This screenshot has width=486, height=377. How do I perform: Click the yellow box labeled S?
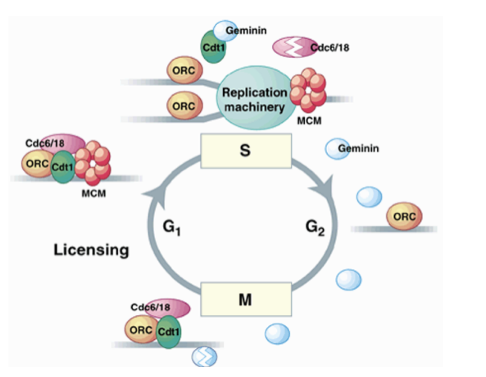click(x=246, y=151)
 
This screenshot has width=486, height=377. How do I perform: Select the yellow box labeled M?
click(x=246, y=300)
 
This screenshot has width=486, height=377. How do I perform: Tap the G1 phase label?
click(x=173, y=230)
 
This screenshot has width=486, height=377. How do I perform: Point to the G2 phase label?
click(x=315, y=230)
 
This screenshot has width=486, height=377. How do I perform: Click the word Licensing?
click(x=91, y=250)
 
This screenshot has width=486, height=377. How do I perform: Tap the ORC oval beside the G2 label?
click(x=404, y=216)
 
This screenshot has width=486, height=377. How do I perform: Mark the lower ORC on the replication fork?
click(x=185, y=106)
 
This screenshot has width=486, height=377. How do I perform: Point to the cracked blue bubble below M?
click(x=204, y=357)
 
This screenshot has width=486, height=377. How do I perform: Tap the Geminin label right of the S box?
click(x=358, y=149)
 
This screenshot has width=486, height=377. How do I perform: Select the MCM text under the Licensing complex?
click(x=93, y=193)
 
